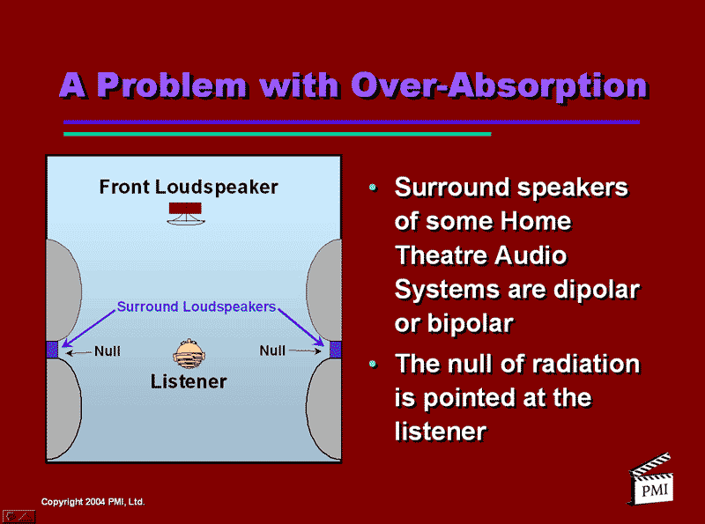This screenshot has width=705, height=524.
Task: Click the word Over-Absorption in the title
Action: click(x=500, y=86)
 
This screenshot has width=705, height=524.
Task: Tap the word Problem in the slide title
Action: click(x=172, y=85)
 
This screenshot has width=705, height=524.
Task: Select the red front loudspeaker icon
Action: click(x=185, y=213)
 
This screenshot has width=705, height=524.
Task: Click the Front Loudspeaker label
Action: click(x=189, y=187)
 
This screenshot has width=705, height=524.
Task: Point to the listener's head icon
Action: click(x=189, y=353)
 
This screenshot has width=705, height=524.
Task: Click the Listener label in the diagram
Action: click(x=189, y=381)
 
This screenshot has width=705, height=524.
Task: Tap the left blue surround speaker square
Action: click(x=52, y=349)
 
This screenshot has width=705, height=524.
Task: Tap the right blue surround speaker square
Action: click(x=336, y=349)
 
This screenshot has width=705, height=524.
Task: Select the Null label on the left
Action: click(x=107, y=351)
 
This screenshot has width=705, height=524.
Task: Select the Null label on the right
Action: click(x=272, y=351)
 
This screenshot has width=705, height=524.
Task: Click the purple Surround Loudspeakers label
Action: click(x=196, y=306)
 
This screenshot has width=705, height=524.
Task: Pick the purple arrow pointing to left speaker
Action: click(x=89, y=328)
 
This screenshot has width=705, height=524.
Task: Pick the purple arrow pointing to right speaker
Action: click(x=301, y=327)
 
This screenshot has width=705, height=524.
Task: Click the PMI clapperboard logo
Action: click(x=651, y=480)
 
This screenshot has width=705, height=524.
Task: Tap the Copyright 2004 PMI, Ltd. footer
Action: click(x=93, y=501)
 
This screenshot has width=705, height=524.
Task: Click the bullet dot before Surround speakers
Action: click(x=373, y=187)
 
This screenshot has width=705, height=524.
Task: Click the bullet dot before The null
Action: click(x=373, y=364)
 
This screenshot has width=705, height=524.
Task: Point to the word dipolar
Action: click(x=597, y=290)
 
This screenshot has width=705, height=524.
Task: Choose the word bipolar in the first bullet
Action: click(x=471, y=323)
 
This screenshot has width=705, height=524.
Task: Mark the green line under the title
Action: click(x=278, y=134)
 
